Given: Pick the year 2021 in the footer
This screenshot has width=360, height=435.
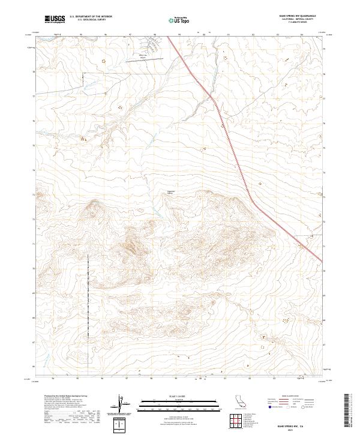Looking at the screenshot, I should tap(292, 430).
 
